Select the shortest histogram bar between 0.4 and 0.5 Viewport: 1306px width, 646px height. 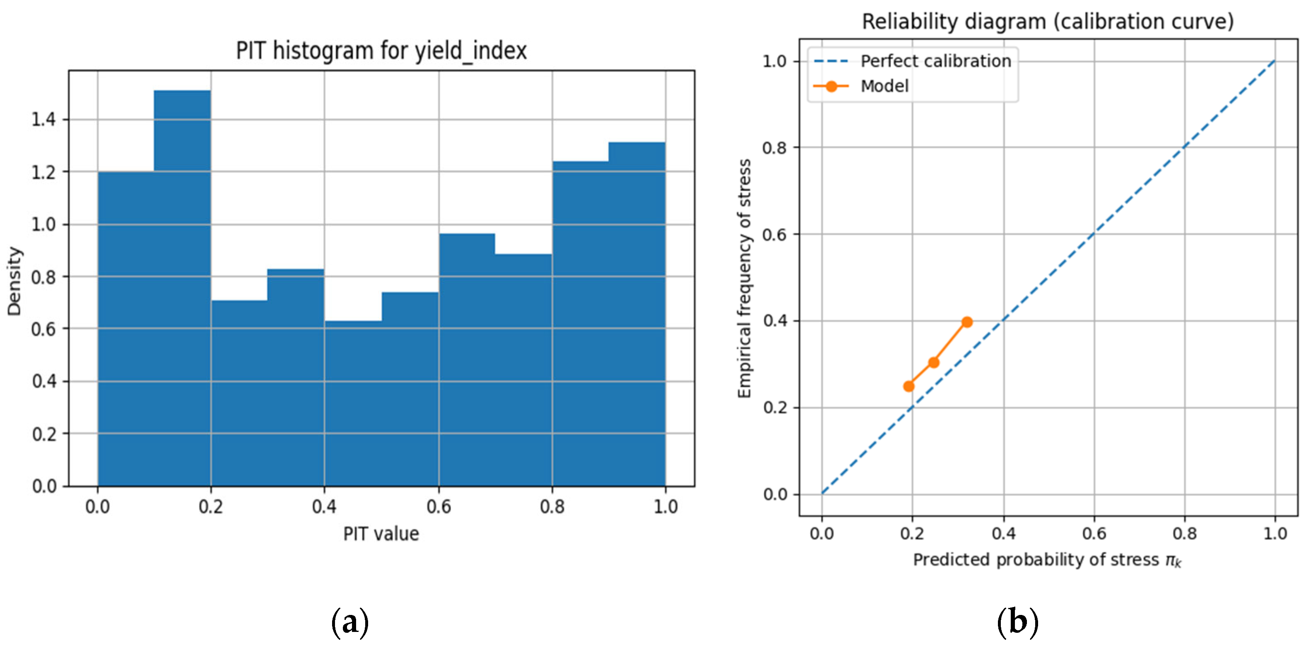point(353,403)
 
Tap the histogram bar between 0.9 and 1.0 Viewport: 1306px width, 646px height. point(637,314)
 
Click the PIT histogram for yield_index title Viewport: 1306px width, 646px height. point(381,51)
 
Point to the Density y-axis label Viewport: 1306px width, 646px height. point(15,282)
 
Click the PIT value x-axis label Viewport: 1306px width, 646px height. point(381,534)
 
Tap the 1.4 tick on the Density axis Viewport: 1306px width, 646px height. point(43,120)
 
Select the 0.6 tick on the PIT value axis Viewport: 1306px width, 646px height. point(439,506)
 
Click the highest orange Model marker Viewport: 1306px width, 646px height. point(966,322)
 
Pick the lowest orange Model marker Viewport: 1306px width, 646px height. point(908,386)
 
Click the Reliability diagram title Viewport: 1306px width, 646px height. point(1048,22)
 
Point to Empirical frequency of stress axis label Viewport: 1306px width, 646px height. point(744,278)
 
